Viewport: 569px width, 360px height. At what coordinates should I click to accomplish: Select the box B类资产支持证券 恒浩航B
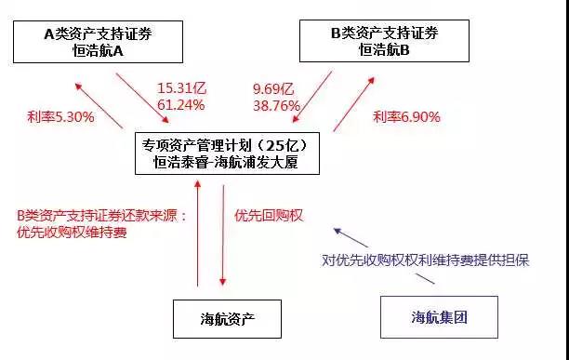383,43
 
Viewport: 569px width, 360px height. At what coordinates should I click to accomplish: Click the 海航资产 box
227,318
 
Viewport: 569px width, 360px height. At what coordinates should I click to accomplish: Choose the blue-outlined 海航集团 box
439,318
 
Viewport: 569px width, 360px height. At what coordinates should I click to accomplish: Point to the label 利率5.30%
60,118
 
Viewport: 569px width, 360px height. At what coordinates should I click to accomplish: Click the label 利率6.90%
406,118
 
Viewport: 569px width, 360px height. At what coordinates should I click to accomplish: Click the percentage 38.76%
276,105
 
